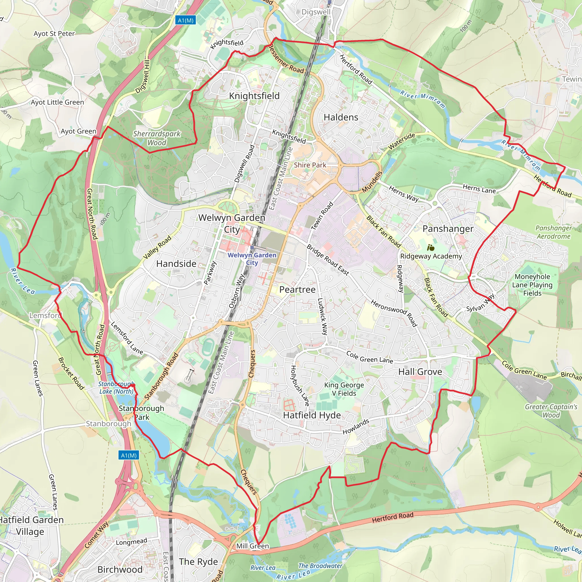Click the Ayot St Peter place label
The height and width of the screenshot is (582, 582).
[x=54, y=34]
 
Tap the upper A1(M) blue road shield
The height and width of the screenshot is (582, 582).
[x=186, y=20]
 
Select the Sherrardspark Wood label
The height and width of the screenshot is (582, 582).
[x=157, y=138]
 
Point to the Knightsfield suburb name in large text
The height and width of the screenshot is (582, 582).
[x=254, y=96]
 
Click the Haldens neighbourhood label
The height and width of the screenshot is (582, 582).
[x=341, y=117]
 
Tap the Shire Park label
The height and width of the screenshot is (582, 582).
[x=310, y=165]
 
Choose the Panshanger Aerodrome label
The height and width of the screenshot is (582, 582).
[x=553, y=232]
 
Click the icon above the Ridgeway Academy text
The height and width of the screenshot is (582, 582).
[x=431, y=248]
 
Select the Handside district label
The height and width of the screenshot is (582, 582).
[x=176, y=264]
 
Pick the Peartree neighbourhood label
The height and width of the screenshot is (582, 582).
[x=297, y=290]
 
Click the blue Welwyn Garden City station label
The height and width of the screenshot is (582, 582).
[x=252, y=259]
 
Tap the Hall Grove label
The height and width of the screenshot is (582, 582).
[x=420, y=372]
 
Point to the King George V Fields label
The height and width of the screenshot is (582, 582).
[x=344, y=389]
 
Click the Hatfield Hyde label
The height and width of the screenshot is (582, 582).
[x=312, y=415]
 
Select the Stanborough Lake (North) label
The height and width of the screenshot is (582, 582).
[x=116, y=388]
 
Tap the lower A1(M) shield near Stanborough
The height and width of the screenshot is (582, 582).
[x=129, y=455]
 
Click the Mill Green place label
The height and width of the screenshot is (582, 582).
[x=252, y=546]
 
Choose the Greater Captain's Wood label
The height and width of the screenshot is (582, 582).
[x=551, y=411]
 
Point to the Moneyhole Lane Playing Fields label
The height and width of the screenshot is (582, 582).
[x=532, y=285]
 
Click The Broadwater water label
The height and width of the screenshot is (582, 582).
[x=320, y=566]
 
